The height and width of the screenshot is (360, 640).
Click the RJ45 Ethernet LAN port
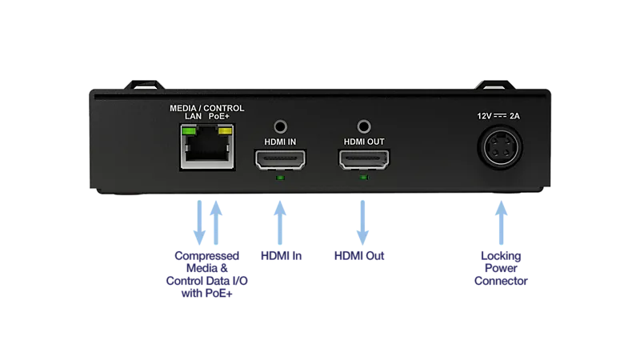coord(207,147)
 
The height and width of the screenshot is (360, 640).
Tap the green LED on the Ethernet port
coord(189,131)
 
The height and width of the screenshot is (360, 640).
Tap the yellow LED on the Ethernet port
coord(226,131)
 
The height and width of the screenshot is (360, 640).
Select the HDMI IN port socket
coord(280,159)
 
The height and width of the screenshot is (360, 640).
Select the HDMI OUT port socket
coord(364,159)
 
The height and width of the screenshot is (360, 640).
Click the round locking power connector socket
coord(501,147)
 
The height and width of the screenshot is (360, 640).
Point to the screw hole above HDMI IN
coord(281,127)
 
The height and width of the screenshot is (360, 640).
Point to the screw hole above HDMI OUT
coord(364,127)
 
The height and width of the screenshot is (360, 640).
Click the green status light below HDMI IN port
coord(280,178)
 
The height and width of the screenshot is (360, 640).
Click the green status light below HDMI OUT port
coord(364,178)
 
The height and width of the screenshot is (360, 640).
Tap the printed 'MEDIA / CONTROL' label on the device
coord(207,108)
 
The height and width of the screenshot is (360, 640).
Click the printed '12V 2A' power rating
coord(498,116)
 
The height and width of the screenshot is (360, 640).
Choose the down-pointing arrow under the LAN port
coord(199,222)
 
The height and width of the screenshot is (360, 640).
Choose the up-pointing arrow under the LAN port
coord(216,222)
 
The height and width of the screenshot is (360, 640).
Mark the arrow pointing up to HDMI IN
coord(280,222)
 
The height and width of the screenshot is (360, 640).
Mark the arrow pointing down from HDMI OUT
coord(362,222)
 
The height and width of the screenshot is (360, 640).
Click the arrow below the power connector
coord(502,222)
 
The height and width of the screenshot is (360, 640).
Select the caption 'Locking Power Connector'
coord(501,268)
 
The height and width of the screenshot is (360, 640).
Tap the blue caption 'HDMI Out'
coord(359,256)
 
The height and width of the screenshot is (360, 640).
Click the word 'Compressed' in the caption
coord(207,256)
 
